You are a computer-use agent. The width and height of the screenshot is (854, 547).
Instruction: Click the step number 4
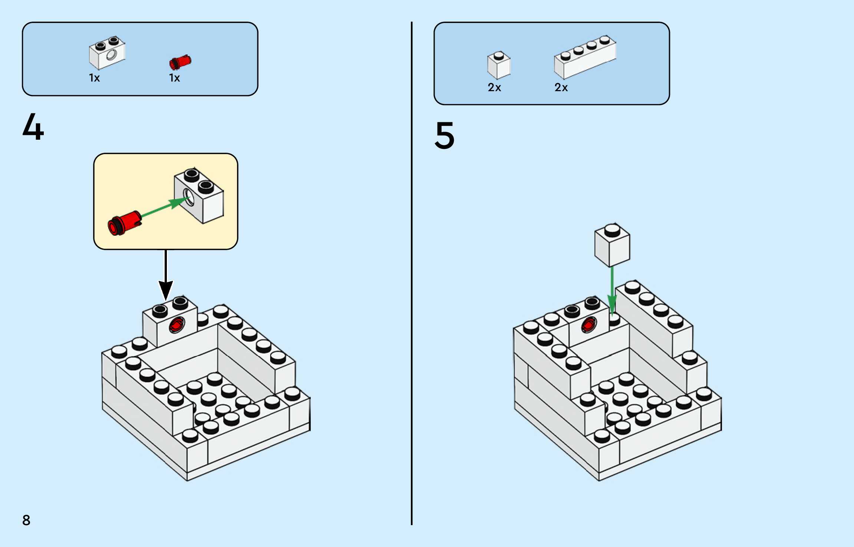[x=33, y=127]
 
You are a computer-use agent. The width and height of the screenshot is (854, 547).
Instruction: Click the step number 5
[x=444, y=136]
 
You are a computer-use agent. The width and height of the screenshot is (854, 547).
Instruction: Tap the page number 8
[x=26, y=520]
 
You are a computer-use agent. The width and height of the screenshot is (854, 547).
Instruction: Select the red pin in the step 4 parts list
[x=180, y=62]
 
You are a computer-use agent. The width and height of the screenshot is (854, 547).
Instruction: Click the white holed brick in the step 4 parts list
[x=107, y=53]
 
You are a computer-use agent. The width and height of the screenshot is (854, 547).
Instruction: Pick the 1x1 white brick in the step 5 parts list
[x=499, y=66]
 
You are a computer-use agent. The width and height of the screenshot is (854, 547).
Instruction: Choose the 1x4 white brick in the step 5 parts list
[x=585, y=57]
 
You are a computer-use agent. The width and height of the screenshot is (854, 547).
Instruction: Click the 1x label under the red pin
[x=174, y=78]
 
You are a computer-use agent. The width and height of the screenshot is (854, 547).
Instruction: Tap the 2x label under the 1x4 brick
[x=561, y=88]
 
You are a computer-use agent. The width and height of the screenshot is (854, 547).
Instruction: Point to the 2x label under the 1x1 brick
[x=494, y=88]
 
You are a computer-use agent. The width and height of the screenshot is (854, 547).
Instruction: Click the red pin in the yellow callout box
[x=124, y=223]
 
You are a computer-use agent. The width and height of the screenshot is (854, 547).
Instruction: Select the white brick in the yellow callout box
[x=199, y=196]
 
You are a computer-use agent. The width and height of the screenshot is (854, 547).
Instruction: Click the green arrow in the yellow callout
[x=163, y=208]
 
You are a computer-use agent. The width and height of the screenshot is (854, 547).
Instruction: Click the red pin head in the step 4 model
[x=177, y=325]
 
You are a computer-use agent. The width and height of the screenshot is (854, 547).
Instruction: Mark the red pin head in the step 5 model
[x=588, y=325]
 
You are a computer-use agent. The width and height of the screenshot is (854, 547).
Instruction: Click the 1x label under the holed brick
[x=94, y=78]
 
